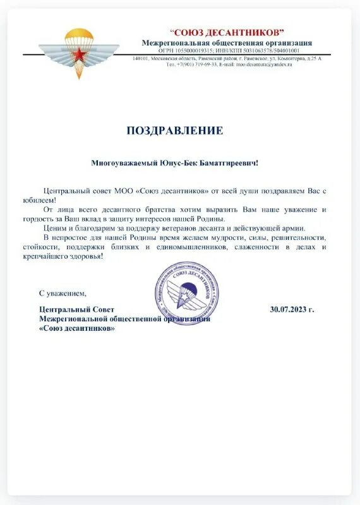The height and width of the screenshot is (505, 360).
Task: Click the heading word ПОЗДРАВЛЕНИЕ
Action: [175, 131]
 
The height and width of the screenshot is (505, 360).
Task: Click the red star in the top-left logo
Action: [80, 56]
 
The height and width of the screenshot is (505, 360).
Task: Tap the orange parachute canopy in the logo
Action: [80, 35]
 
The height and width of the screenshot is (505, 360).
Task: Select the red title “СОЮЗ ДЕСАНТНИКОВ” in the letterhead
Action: [227, 32]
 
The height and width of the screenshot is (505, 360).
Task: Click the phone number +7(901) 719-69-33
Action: [196, 64]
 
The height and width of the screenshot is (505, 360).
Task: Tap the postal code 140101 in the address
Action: [141, 58]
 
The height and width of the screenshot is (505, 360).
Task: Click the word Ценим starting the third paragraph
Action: [54, 228]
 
